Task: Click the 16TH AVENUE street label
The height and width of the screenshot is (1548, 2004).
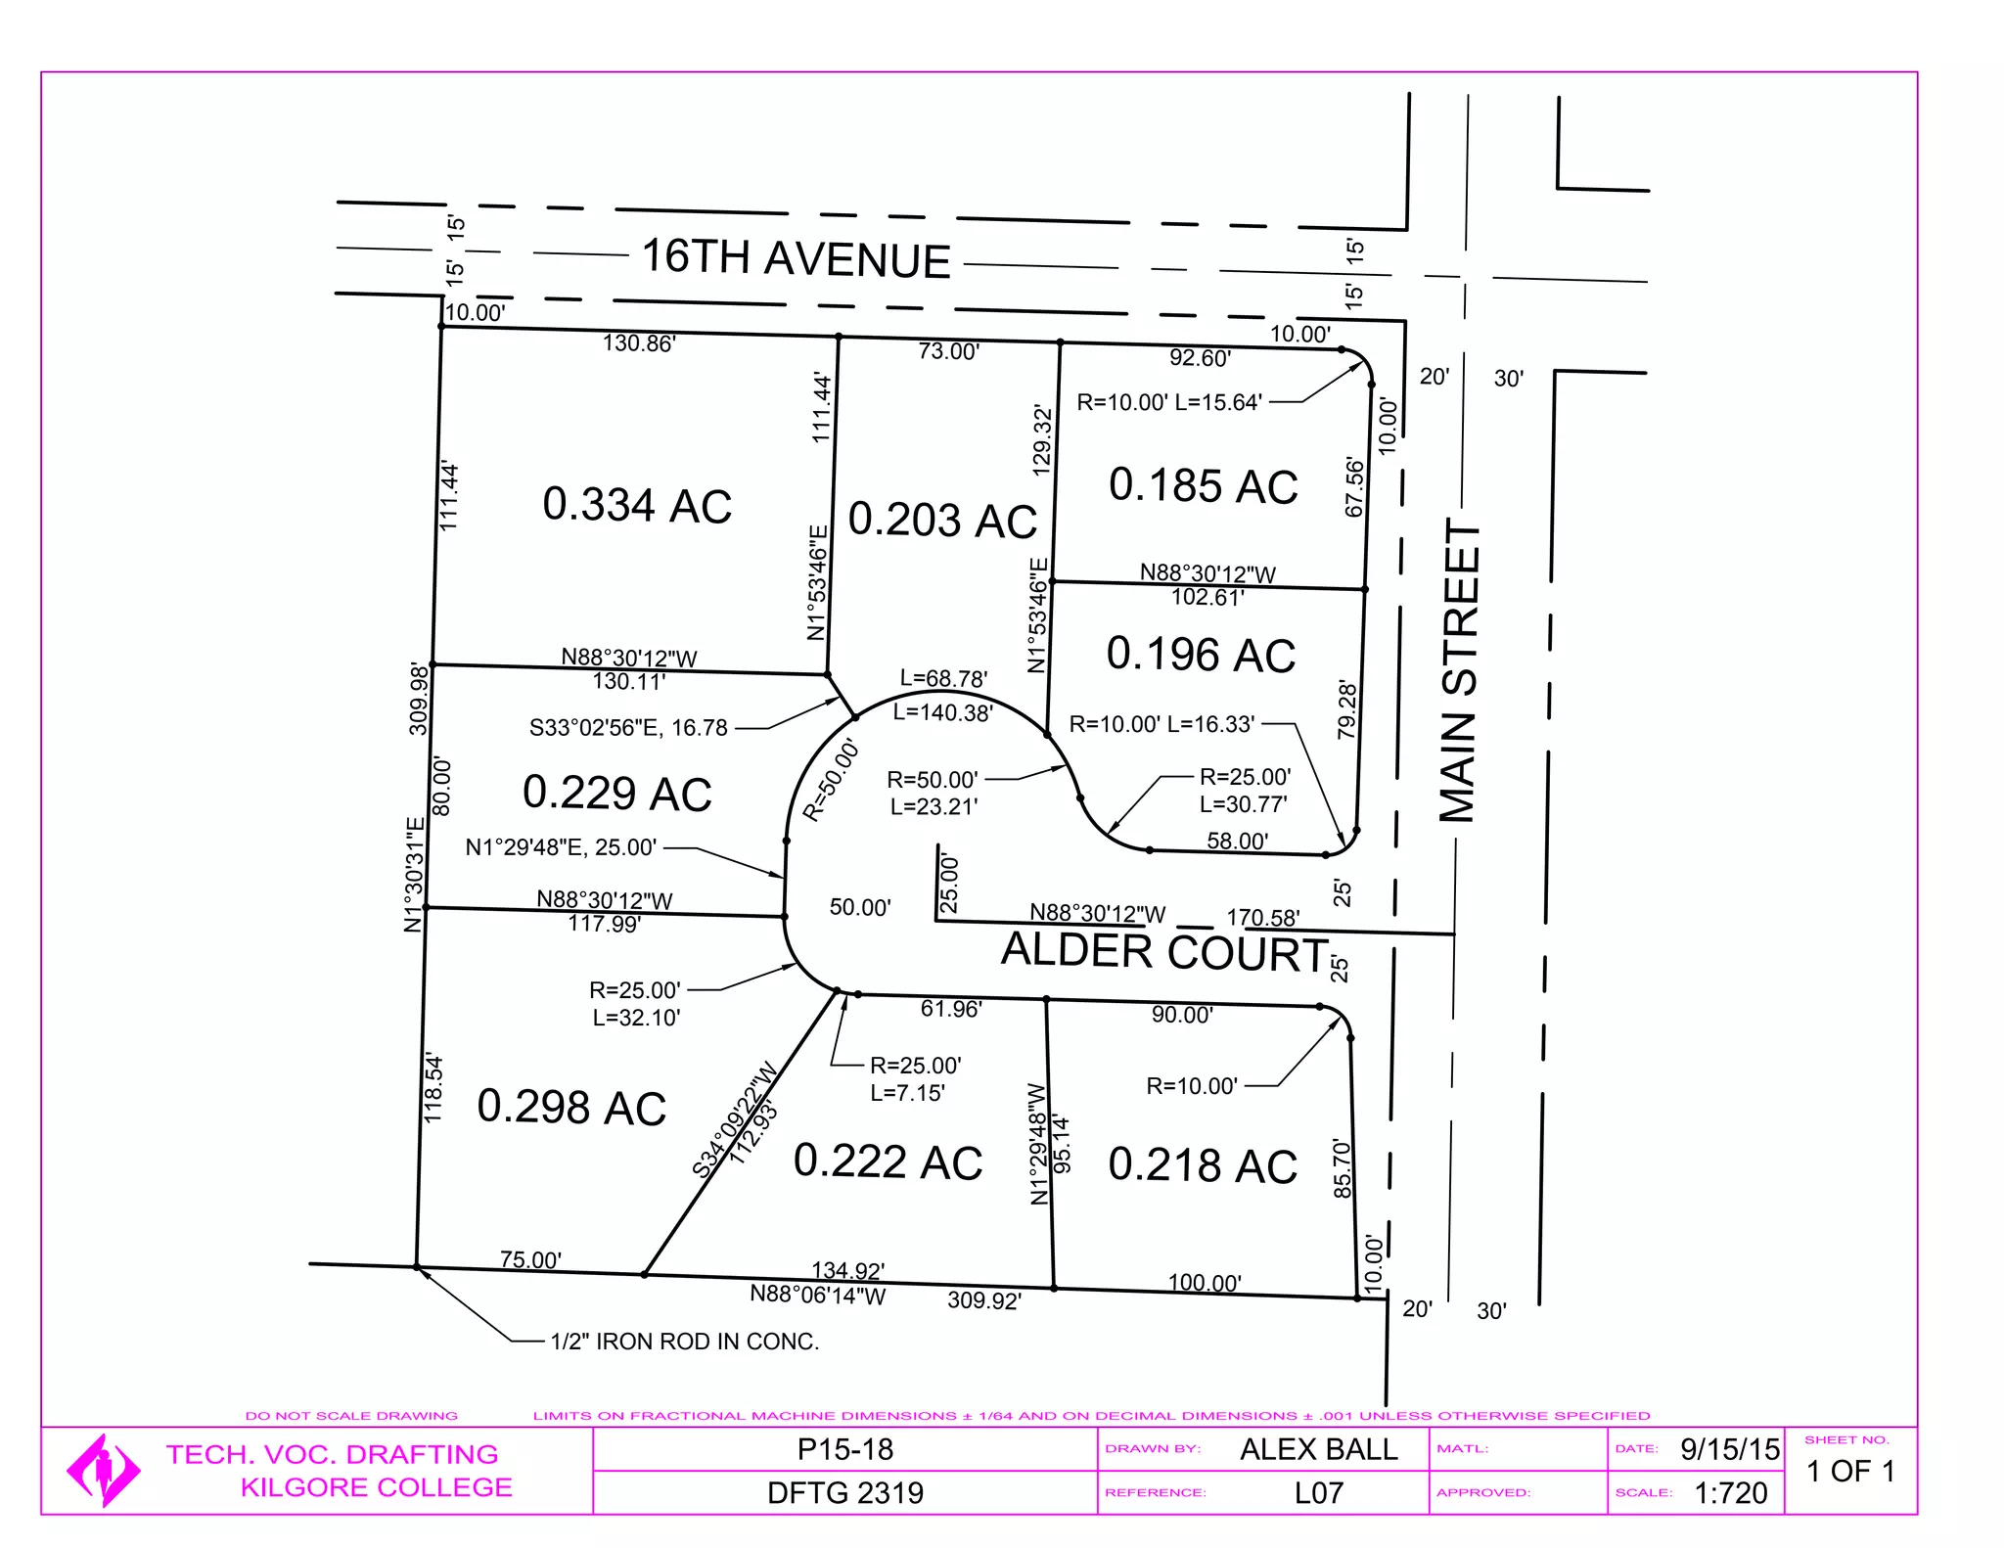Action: tap(796, 258)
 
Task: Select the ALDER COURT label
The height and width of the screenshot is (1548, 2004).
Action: tap(1164, 952)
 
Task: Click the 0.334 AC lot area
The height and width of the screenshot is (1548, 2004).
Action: tap(637, 505)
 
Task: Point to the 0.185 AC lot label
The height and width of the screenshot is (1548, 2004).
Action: tap(1203, 485)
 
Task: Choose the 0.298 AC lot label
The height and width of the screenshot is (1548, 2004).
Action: tap(571, 1107)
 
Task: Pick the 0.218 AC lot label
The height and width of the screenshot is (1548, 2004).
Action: tap(1203, 1165)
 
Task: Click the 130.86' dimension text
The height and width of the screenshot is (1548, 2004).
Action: tap(639, 343)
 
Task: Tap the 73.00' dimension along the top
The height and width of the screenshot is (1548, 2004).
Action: tap(948, 351)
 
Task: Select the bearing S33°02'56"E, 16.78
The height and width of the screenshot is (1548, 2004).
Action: tap(628, 728)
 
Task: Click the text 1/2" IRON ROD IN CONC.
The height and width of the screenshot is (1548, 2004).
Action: tap(685, 1342)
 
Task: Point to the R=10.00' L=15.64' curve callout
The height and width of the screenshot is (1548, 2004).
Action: tap(1169, 402)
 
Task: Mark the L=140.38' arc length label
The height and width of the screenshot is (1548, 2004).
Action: tap(942, 713)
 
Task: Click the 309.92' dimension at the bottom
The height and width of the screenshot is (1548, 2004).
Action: tap(984, 1300)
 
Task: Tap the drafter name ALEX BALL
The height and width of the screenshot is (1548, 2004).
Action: tap(1319, 1449)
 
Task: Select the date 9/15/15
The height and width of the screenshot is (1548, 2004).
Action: tap(1730, 1449)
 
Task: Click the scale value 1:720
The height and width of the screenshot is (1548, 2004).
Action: tap(1731, 1493)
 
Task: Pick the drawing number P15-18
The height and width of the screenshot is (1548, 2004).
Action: tap(845, 1449)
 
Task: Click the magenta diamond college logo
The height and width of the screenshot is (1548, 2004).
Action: tap(103, 1470)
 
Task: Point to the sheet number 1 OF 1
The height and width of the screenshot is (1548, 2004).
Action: tap(1850, 1471)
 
